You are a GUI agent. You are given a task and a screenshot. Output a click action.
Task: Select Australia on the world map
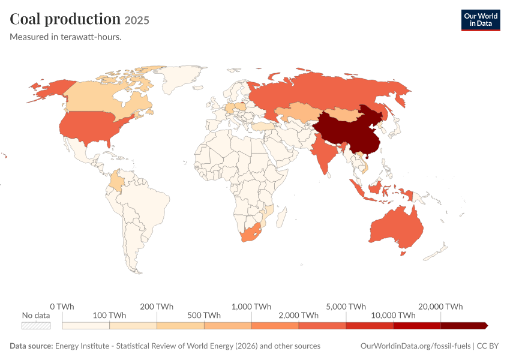point(397,227)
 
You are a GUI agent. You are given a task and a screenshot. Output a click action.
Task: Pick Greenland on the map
point(181,78)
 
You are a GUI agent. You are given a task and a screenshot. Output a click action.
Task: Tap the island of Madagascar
point(281,217)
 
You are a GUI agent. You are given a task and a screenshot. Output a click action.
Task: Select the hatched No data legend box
point(36,326)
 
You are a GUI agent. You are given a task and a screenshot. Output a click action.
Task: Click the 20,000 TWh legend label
point(440,307)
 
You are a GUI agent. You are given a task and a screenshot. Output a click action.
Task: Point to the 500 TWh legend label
point(204,316)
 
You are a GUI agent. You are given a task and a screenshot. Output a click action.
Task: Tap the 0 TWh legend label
point(62,307)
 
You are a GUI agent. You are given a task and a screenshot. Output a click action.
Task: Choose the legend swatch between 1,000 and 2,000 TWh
point(275,326)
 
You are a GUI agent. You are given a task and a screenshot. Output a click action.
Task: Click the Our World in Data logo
point(481,20)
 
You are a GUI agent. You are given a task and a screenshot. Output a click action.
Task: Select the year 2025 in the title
point(137,20)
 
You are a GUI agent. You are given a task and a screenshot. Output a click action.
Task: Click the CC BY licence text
point(488,346)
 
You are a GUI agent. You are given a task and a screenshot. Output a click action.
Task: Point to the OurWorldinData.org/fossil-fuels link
point(415,346)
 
